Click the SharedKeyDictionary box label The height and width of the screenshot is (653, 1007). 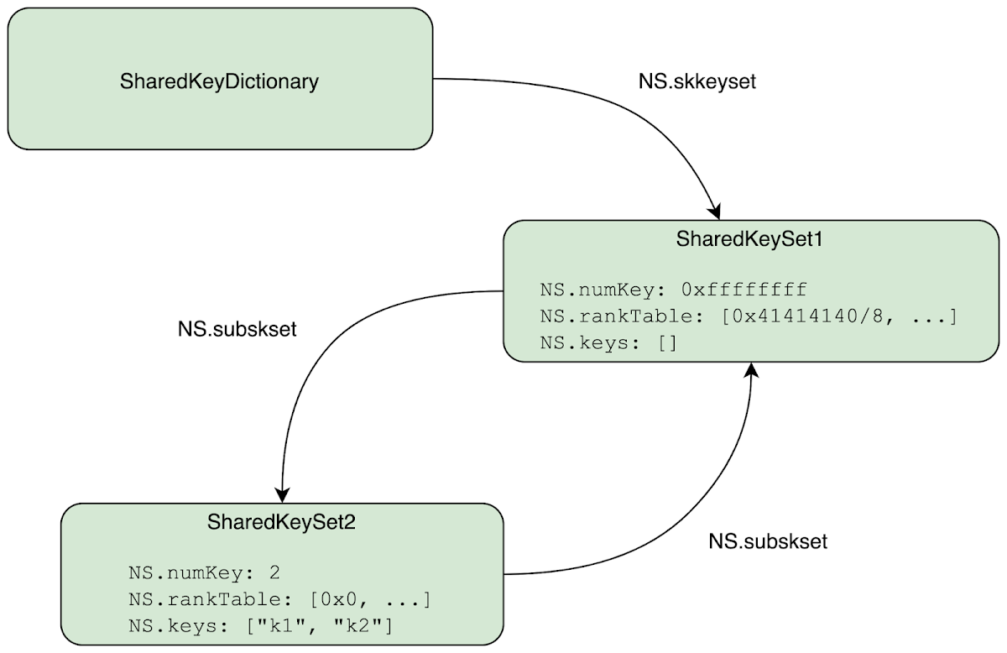coord(219,82)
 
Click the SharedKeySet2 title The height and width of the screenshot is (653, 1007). coord(282,522)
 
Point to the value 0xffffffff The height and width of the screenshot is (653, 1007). coord(744,290)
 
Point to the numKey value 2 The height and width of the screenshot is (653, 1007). coord(274,574)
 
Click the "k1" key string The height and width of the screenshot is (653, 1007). coord(282,626)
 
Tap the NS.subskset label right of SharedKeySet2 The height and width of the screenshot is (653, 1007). coord(768,541)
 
